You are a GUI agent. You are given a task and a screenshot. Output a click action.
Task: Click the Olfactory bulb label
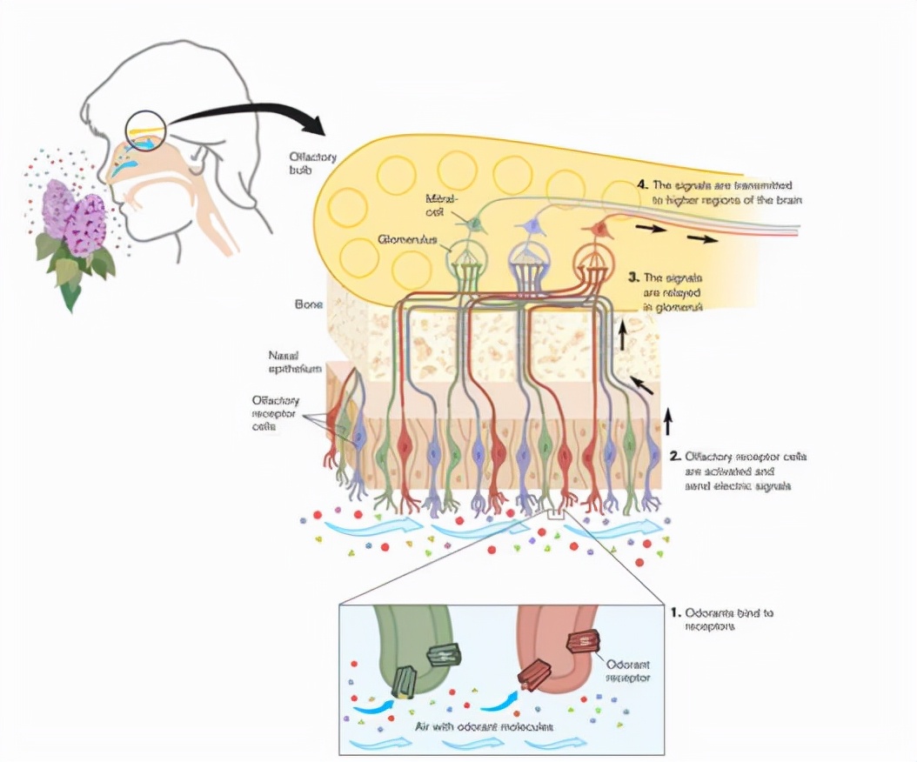point(313,163)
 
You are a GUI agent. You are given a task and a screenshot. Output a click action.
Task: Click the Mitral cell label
point(442,205)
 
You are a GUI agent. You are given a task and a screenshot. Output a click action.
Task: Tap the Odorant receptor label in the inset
point(625,669)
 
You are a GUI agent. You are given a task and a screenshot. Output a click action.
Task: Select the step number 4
point(643,185)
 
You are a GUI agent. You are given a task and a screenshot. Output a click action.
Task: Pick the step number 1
point(674,612)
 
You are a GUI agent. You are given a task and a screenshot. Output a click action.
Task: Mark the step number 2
point(674,455)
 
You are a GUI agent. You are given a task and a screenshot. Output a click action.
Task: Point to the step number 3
point(633,277)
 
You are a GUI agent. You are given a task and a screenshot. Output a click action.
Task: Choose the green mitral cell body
point(475,224)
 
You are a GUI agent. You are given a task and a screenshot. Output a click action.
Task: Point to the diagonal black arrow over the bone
point(640,384)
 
